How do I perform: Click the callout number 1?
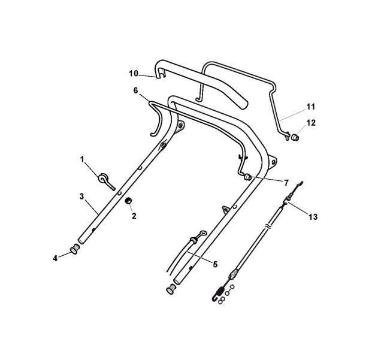(83, 159)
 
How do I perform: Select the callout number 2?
(134, 216)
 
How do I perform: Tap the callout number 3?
(81, 196)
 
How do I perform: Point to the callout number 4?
(55, 258)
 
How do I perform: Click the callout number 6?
(136, 90)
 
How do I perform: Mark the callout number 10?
(134, 74)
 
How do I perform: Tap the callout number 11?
(311, 107)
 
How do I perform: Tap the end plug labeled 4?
(75, 248)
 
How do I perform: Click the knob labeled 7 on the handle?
(247, 177)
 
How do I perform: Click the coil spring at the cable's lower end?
(220, 294)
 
